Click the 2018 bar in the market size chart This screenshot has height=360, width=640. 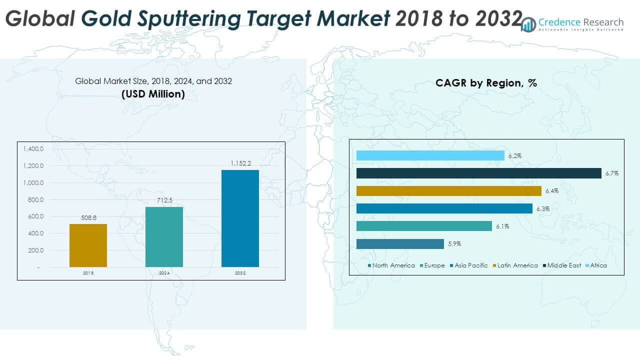(x=88, y=245)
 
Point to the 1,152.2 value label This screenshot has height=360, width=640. (x=240, y=163)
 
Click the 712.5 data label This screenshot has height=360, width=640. (x=164, y=200)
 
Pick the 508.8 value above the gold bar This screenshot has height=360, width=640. (x=88, y=217)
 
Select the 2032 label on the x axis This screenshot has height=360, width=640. (x=240, y=273)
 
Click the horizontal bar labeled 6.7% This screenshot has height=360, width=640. (x=478, y=173)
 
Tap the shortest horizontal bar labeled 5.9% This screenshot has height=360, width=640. (x=400, y=243)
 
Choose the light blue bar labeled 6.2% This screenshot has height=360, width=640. (x=430, y=155)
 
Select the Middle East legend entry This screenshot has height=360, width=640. (x=564, y=265)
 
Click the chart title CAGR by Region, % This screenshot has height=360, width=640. (x=486, y=83)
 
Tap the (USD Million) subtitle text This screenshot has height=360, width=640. (x=153, y=93)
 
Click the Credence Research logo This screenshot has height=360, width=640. (x=572, y=23)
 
